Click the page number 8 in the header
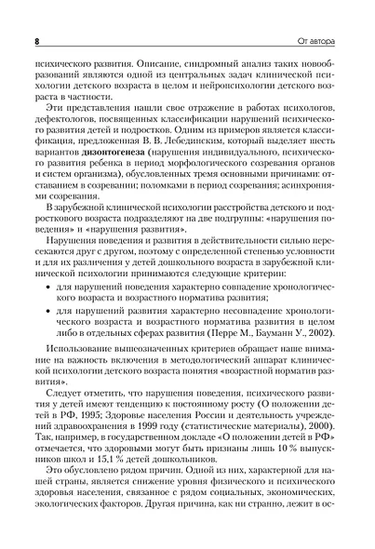[34, 41]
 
